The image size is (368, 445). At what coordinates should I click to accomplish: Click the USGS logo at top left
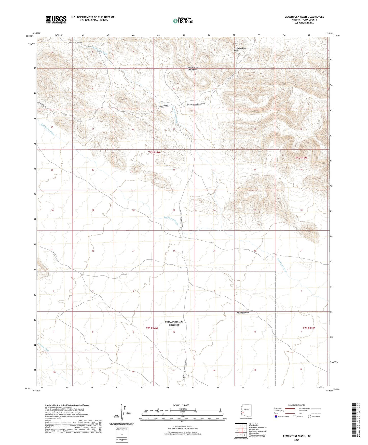56,20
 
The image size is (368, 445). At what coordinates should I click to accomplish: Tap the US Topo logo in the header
183,21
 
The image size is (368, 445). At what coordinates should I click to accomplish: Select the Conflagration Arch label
240,49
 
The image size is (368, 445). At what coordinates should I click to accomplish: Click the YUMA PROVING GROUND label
174,323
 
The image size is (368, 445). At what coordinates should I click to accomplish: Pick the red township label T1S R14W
154,152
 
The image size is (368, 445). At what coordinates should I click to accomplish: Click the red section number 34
174,251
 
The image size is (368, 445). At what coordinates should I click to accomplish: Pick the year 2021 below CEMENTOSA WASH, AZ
297,440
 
